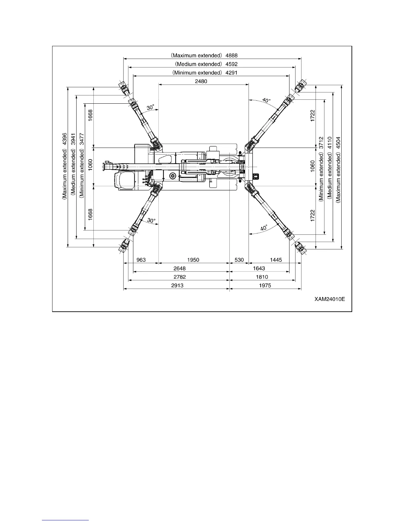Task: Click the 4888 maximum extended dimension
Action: point(232,55)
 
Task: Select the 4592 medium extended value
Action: point(232,64)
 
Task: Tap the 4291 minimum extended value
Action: point(232,73)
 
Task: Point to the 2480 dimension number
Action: point(201,81)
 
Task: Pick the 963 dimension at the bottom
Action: point(141,260)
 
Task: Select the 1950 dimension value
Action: point(193,260)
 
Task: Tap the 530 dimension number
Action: point(239,260)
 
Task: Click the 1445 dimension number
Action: point(276,260)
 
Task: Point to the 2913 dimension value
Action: point(178,286)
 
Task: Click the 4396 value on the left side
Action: point(65,139)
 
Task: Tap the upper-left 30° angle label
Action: point(151,108)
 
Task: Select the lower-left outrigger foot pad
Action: point(124,245)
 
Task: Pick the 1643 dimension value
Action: point(259,268)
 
